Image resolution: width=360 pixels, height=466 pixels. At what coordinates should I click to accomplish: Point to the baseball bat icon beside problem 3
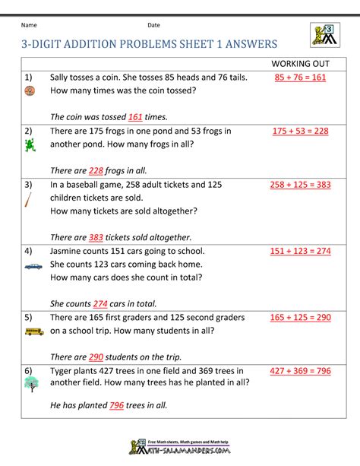pos(28,200)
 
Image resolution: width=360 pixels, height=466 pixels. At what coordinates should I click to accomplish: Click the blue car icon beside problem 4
pos(33,265)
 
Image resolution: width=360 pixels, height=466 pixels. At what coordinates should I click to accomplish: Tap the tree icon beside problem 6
pos(30,385)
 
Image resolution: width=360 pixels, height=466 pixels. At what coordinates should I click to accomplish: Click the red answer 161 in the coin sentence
pos(135,117)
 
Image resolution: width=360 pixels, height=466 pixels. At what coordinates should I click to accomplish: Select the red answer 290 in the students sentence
pos(96,357)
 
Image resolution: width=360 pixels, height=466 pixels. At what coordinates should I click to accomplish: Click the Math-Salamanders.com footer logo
pos(180,450)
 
